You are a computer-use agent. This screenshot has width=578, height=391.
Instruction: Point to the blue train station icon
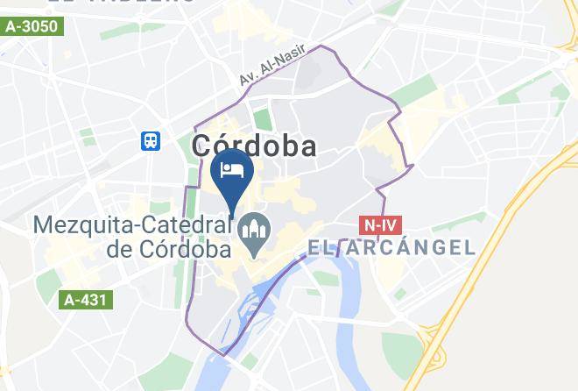pos(152,140)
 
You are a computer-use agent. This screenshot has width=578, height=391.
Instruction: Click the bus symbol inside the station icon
pos(152,140)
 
